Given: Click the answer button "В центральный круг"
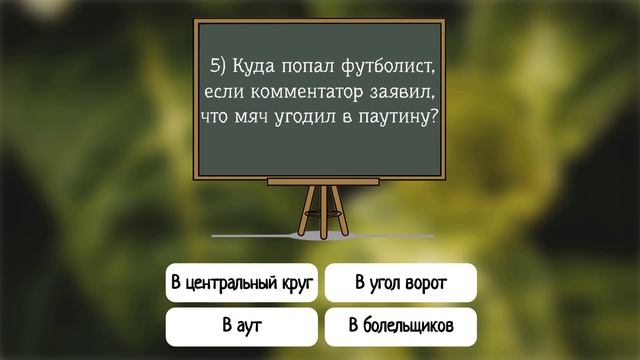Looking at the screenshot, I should tap(242, 284).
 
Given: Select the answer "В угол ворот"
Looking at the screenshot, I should tap(400, 284).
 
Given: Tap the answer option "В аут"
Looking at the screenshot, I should tap(242, 326).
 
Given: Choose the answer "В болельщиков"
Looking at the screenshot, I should tap(400, 326).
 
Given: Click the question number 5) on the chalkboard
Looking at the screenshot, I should tap(219, 67).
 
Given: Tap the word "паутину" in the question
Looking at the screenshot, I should tap(400, 119).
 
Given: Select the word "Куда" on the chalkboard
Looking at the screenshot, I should tap(257, 67).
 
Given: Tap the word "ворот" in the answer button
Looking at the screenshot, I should tap(425, 284).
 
